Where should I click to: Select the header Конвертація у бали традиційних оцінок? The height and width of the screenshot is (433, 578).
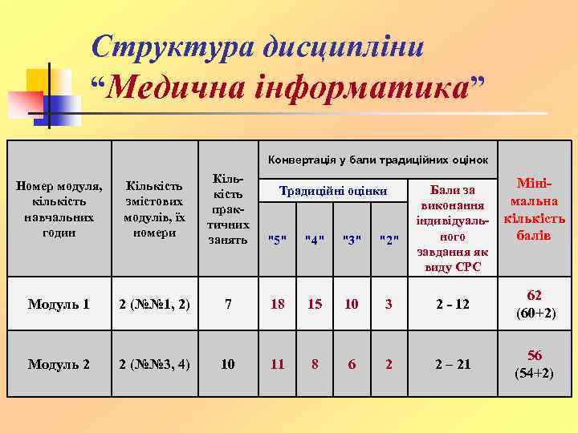click(378, 159)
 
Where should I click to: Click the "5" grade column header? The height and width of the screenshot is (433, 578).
click(277, 239)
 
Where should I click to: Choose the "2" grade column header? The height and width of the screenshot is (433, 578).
click(389, 239)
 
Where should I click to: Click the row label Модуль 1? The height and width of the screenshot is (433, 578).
click(58, 305)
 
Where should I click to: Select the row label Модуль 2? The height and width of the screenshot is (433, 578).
click(58, 364)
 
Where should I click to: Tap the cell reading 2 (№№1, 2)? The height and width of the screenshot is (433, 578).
click(153, 305)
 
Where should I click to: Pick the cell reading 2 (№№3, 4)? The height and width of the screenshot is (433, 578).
click(153, 364)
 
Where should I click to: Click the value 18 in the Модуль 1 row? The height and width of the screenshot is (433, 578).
click(277, 305)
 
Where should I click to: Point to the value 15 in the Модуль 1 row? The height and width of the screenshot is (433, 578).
click(315, 305)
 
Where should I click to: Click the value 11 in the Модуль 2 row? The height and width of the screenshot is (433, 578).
click(277, 364)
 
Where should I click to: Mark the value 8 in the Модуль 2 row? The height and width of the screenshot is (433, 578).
click(315, 364)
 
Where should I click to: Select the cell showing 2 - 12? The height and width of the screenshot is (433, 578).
click(453, 305)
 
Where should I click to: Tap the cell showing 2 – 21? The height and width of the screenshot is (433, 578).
click(453, 364)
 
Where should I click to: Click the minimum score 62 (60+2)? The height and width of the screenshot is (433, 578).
click(534, 304)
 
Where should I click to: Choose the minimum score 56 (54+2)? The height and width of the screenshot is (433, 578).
click(534, 364)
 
